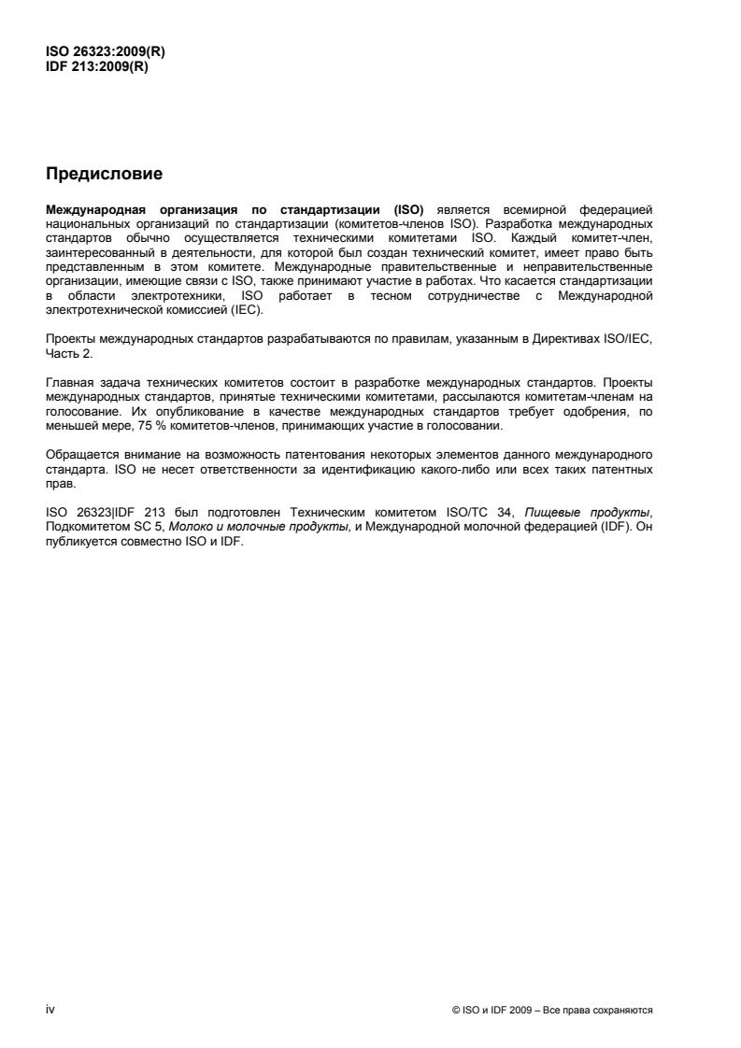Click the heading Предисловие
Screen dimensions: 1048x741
click(x=104, y=174)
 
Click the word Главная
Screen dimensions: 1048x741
click(x=68, y=383)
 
